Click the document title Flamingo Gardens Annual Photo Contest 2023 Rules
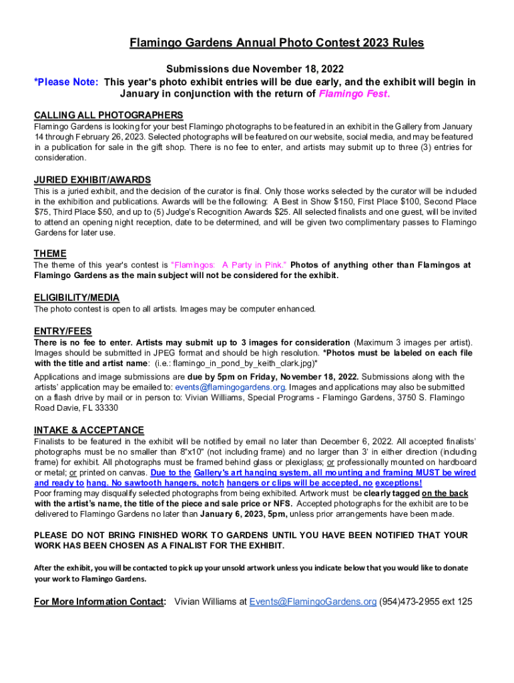tap(276, 43)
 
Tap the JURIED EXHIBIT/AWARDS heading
tap(92, 180)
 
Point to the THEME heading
tap(50, 253)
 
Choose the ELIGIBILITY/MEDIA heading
tap(77, 297)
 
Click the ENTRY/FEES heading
tap(63, 331)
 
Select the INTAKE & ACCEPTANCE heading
tap(89, 430)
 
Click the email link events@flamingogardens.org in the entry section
tap(230, 387)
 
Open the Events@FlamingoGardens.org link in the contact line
tap(313, 602)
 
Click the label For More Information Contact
tap(99, 602)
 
